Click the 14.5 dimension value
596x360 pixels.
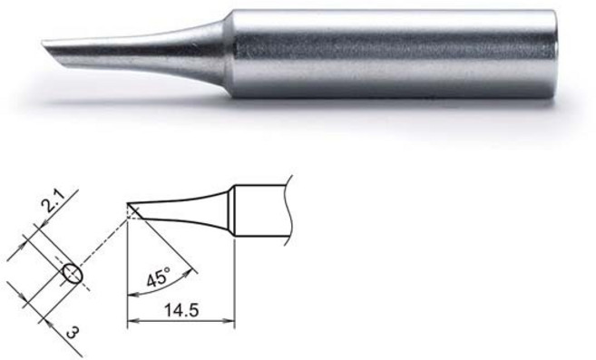click(181, 310)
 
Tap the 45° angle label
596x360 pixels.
click(156, 277)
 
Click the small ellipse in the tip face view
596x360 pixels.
click(71, 273)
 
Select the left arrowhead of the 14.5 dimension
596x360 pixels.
click(132, 322)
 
